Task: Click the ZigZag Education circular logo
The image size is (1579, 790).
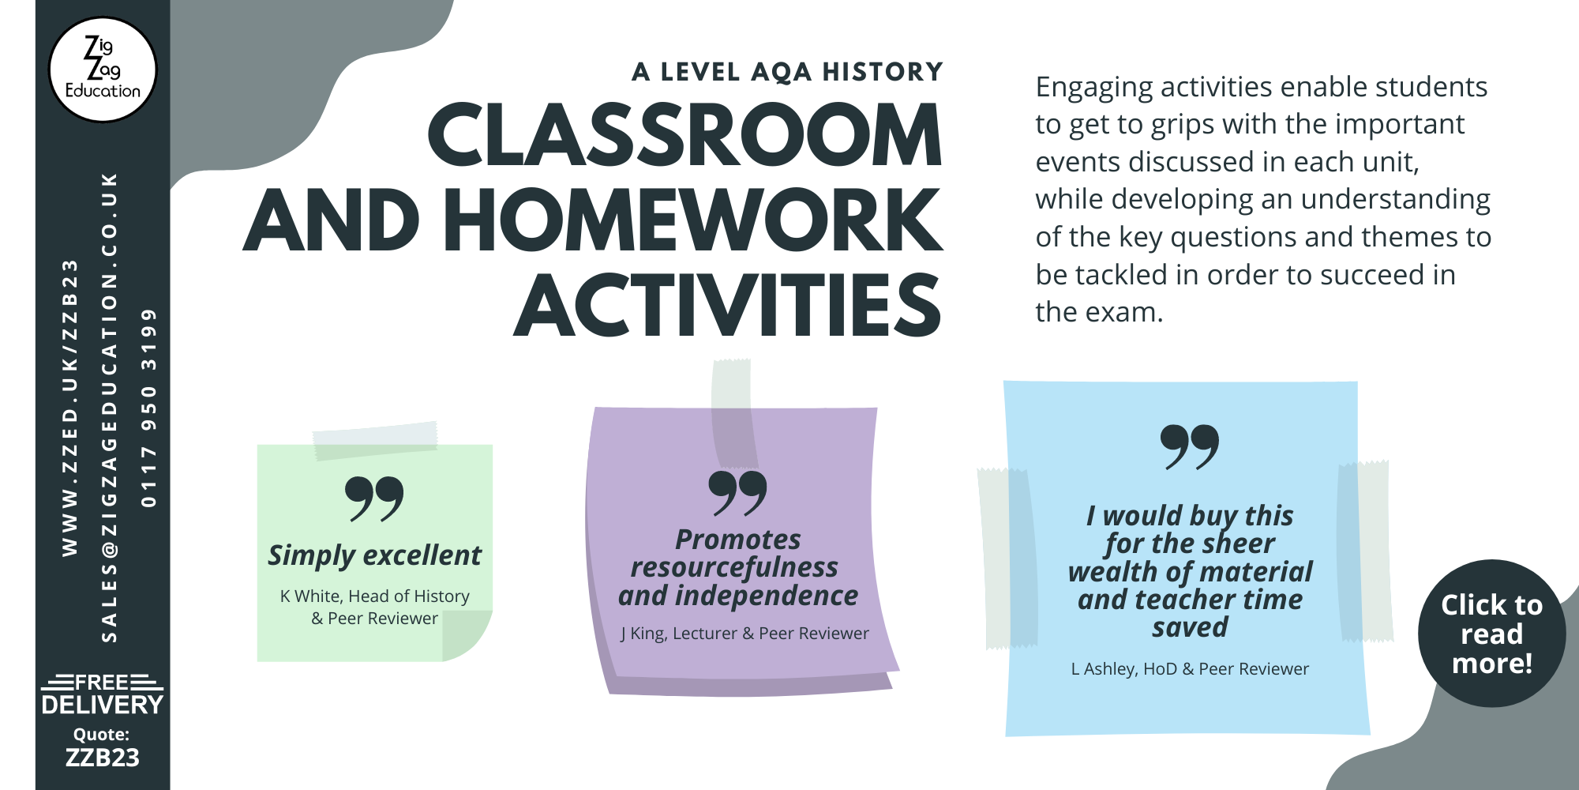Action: [x=103, y=70]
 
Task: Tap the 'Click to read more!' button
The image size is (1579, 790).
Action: [x=1491, y=634]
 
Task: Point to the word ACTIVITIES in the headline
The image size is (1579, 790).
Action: [x=728, y=305]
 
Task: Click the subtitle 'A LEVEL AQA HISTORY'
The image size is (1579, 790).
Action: [x=787, y=72]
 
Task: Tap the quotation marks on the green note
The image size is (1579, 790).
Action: [x=374, y=498]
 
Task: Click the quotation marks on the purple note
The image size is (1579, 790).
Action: [x=737, y=493]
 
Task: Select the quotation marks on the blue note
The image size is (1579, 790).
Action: [x=1190, y=447]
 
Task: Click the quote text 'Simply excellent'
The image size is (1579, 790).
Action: [x=374, y=556]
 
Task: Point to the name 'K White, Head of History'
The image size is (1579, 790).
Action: [x=375, y=596]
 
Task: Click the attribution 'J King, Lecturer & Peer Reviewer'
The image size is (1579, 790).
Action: [x=744, y=634]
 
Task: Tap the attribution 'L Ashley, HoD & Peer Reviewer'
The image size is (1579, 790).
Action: [x=1190, y=669]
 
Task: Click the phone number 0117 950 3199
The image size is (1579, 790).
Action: [x=148, y=407]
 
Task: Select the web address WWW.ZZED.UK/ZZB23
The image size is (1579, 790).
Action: [x=70, y=407]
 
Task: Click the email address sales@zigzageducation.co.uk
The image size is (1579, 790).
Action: [x=110, y=407]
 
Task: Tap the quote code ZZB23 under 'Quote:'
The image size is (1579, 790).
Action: [x=102, y=758]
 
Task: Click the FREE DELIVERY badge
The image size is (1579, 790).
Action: [x=102, y=694]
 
